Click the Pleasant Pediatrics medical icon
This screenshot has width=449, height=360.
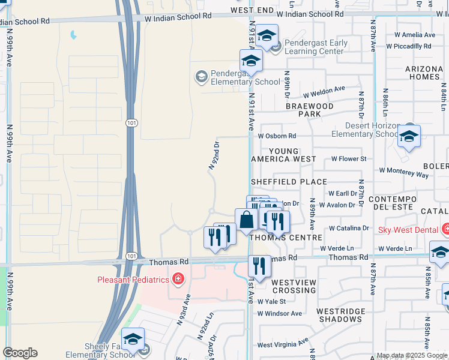(x=178, y=279)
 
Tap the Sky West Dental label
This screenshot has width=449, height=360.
(x=408, y=230)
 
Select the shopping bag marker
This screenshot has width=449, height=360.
(x=246, y=220)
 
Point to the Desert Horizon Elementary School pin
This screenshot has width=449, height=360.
(x=408, y=137)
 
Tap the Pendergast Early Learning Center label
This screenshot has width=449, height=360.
(x=316, y=47)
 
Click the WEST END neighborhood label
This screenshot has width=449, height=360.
(x=252, y=11)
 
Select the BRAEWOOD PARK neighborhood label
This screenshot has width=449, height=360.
(x=309, y=110)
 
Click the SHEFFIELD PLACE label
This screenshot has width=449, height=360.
(x=289, y=182)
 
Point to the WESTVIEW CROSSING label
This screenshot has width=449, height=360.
(x=294, y=286)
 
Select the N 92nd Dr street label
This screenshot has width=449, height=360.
(x=213, y=155)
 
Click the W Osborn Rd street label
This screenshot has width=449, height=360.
(x=277, y=136)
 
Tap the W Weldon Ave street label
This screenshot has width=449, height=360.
(x=324, y=91)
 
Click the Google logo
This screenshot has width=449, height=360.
(x=20, y=353)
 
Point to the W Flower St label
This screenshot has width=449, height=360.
(x=348, y=159)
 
